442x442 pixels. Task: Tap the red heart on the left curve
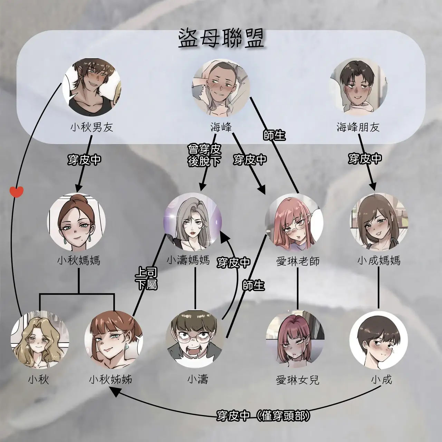(x=17, y=192)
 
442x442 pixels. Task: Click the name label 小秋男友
(x=92, y=127)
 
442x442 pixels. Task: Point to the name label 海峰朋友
(x=358, y=127)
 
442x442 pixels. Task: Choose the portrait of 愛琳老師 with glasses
(x=294, y=222)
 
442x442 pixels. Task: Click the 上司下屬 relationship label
(x=147, y=279)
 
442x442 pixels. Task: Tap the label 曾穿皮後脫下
(x=204, y=155)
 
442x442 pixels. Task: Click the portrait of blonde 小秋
(x=40, y=340)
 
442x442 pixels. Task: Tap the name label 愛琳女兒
(x=298, y=380)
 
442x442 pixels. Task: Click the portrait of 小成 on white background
(x=378, y=340)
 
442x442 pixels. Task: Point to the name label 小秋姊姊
(x=110, y=379)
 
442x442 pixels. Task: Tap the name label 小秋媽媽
(x=79, y=261)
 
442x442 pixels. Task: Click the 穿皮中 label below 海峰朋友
(x=365, y=159)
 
